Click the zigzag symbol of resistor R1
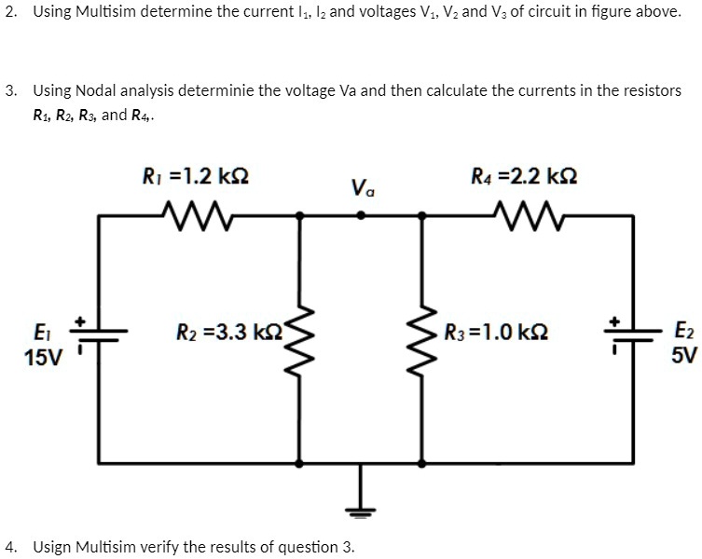pos(197,217)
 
